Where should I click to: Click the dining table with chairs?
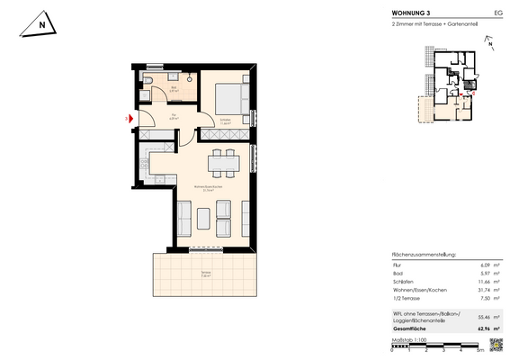click(x=221, y=164)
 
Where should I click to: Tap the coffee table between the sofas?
click(x=203, y=217)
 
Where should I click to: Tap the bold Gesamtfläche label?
click(x=412, y=330)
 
